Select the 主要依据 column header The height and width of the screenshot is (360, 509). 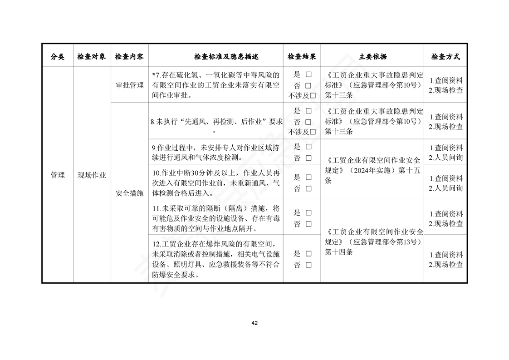[372, 57]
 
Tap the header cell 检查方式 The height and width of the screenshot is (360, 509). [445, 57]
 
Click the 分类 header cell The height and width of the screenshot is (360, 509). [58, 57]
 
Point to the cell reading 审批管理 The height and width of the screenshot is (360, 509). [130, 85]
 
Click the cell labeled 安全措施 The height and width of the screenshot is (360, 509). [130, 193]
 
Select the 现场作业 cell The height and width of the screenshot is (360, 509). [92, 175]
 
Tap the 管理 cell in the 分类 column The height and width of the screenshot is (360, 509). [58, 175]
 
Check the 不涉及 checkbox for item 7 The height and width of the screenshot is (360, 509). [313, 96]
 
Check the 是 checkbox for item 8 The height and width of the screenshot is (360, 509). [308, 111]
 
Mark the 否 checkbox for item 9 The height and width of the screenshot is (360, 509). [308, 158]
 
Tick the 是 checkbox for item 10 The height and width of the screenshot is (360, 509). [308, 178]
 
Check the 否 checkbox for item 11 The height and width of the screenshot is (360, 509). [308, 224]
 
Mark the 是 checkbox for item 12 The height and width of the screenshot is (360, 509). [308, 254]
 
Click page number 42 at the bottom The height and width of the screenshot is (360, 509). [254, 323]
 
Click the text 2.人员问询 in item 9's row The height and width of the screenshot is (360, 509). [446, 158]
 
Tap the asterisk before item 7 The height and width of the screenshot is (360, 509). [154, 74]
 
